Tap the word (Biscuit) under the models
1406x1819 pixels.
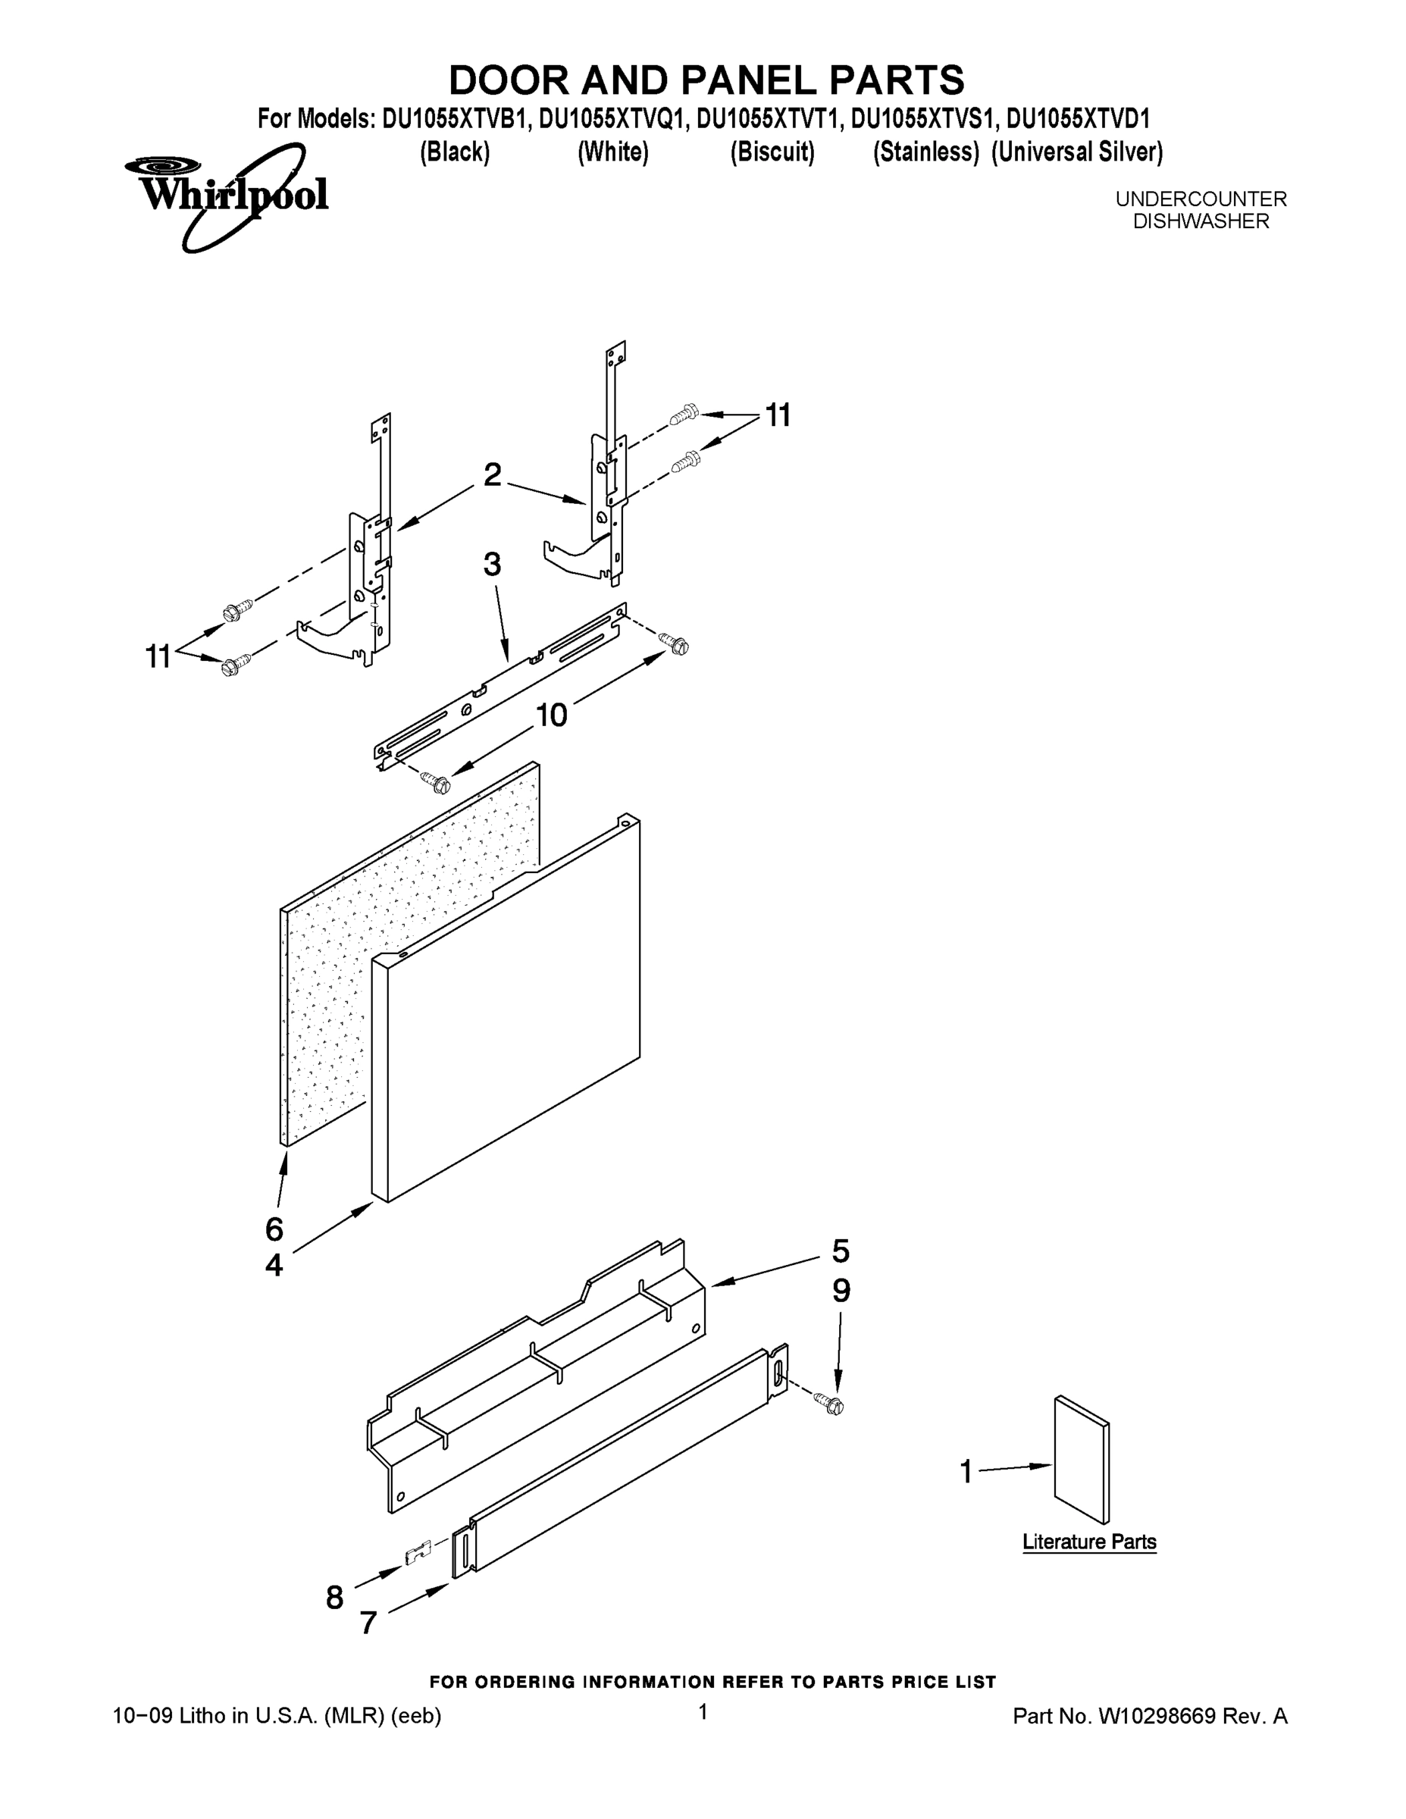point(772,152)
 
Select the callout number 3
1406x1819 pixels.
point(492,565)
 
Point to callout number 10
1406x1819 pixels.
point(550,715)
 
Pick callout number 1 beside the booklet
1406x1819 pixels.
point(966,1473)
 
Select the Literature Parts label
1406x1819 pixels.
point(1088,1542)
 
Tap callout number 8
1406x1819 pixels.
point(334,1598)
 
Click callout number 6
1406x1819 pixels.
point(274,1229)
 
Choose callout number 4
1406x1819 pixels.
point(274,1266)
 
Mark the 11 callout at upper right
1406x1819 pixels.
point(777,415)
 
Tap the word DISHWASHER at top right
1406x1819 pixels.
point(1201,221)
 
